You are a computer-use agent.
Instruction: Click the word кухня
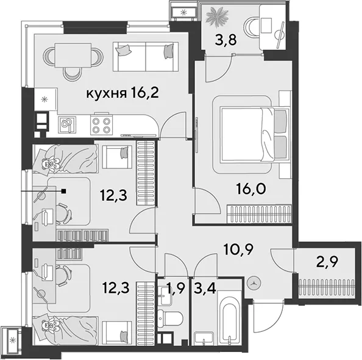107,93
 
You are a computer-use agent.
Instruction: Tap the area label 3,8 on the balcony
225,40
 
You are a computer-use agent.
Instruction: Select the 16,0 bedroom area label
251,189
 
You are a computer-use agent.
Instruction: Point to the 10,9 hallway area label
239,249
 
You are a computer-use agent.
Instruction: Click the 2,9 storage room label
327,262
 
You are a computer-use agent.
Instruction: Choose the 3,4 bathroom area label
205,289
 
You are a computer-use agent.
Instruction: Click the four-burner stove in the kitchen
101,125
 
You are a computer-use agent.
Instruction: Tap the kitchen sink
67,125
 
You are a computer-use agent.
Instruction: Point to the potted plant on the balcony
217,16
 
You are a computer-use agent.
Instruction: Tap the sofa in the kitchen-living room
146,57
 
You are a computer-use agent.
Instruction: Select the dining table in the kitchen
73,56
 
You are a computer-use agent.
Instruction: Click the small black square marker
64,191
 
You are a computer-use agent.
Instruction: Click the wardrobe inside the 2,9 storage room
326,287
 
